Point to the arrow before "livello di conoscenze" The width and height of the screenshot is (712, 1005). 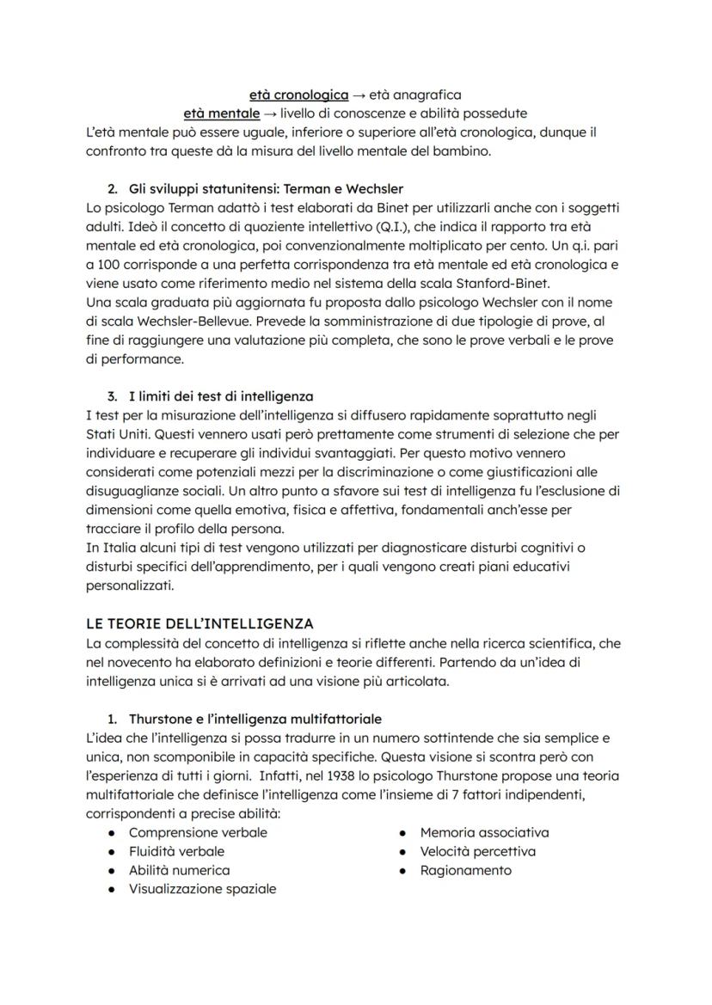point(271,113)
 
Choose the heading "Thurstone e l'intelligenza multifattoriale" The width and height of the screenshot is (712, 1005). point(255,718)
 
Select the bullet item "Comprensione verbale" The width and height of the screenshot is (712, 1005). point(198,832)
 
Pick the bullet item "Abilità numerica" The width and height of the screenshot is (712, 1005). point(179,870)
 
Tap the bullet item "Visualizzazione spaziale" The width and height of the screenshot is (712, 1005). point(202,889)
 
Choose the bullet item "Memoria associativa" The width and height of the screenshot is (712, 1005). point(484,832)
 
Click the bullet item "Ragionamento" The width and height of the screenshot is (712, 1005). point(465,870)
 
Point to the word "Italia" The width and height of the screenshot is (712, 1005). point(120,548)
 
